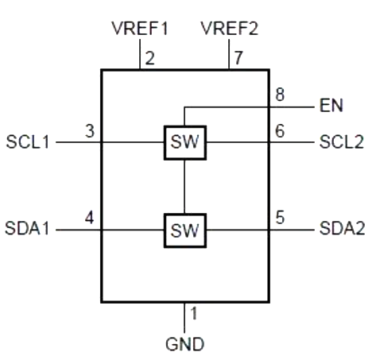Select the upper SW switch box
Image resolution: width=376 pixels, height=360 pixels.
[x=184, y=143]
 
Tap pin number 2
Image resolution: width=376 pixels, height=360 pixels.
[x=149, y=57]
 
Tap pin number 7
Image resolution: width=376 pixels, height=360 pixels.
[x=238, y=57]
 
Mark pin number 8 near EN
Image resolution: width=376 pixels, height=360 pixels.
[x=279, y=94]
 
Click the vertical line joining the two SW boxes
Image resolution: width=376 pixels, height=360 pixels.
[x=184, y=187]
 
